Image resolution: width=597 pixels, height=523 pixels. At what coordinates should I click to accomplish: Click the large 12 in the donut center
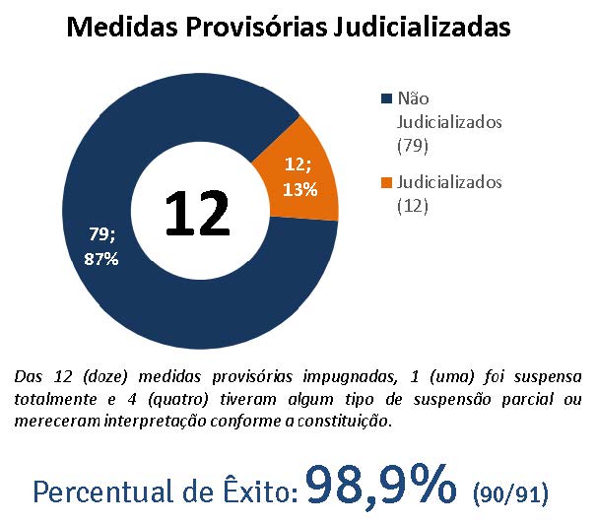[x=197, y=212]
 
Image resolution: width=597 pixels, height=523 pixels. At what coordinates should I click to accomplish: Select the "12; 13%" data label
[x=299, y=175]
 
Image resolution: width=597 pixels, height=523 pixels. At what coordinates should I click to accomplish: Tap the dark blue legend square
[x=385, y=99]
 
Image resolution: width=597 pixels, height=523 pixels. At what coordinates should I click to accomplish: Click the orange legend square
[x=385, y=183]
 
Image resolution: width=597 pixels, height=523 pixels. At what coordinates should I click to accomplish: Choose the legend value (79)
[x=412, y=147]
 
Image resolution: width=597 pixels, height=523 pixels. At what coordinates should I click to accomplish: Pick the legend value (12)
[x=412, y=206]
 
